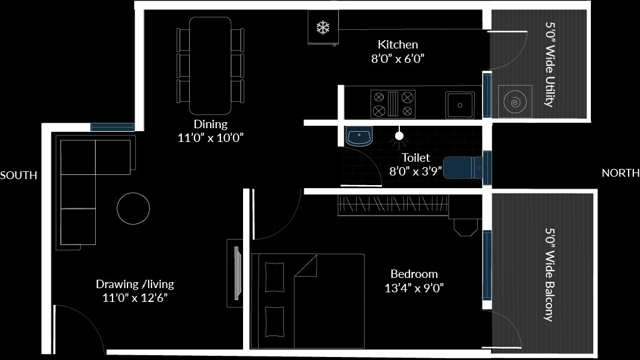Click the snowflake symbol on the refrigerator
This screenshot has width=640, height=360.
323,27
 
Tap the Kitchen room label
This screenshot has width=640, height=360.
398,45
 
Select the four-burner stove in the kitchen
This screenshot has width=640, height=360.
393,104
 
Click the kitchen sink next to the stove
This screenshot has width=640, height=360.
460,105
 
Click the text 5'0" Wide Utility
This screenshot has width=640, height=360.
549,65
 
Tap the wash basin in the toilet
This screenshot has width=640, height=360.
359,136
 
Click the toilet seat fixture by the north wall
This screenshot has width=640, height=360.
463,167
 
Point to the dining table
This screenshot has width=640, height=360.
210,66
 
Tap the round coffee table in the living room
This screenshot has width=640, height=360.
133,208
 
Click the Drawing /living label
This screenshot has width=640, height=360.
135,285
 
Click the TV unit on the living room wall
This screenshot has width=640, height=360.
235,272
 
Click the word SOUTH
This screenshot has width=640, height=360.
19,176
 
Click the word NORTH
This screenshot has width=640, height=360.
620,173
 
